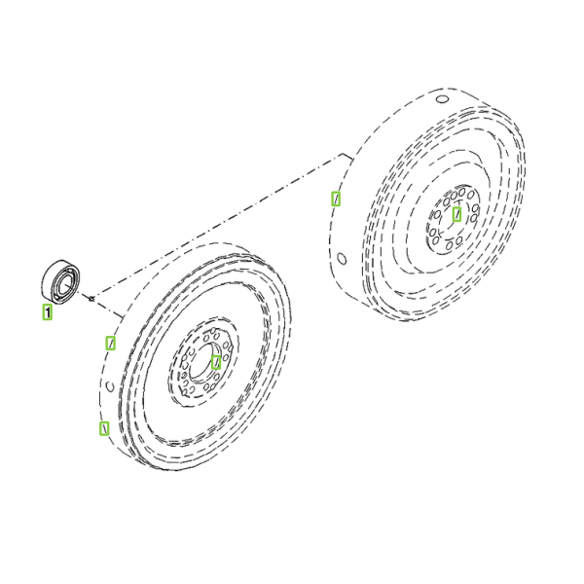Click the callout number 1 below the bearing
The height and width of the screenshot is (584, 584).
pos(48,312)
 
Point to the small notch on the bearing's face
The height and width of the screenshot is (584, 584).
pos(56,296)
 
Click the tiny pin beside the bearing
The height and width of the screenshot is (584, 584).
pos(91,298)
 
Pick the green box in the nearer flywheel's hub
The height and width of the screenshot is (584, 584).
pos(216,362)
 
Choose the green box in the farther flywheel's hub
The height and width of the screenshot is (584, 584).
pos(456,214)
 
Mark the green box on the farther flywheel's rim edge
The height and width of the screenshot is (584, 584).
pos(336,199)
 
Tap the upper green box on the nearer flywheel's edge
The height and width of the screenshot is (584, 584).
pos(110,343)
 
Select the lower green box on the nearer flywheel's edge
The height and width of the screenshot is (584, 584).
pos(104,428)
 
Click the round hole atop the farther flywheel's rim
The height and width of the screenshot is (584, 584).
pos(442,99)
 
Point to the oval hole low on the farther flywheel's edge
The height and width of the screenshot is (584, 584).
pos(342,258)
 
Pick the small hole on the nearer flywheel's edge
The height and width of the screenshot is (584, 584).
pos(110,386)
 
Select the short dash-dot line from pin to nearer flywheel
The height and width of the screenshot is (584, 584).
pos(108,308)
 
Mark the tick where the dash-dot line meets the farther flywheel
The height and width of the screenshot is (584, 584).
pos(347,157)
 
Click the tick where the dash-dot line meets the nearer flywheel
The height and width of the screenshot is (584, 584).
pos(119,314)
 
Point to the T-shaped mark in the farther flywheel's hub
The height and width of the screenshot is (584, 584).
pos(457,203)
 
